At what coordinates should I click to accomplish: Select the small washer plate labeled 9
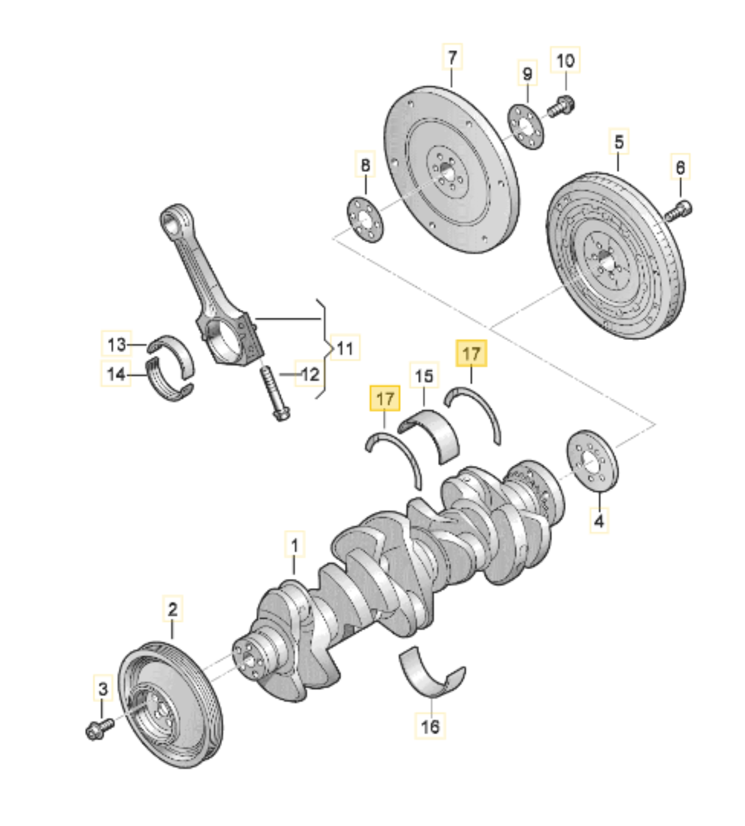526,126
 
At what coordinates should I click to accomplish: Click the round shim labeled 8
365,219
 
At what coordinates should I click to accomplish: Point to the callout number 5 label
619,142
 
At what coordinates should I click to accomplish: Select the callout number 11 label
345,348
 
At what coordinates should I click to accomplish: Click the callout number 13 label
116,344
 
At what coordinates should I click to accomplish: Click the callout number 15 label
424,376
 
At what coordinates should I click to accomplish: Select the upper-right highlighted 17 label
471,353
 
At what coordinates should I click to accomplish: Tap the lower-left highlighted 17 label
384,399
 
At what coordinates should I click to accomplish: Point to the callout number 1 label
295,545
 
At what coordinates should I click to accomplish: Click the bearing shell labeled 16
430,676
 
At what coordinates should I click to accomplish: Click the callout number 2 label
172,609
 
